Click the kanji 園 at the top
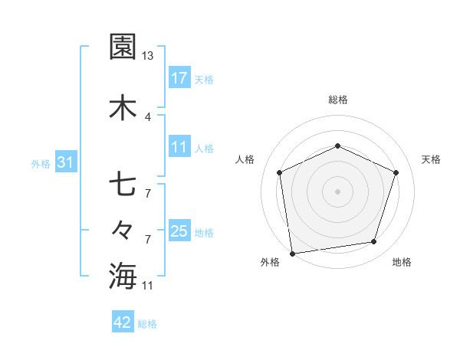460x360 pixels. (x=123, y=47)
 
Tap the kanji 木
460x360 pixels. (x=123, y=108)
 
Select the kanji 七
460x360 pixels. (x=123, y=185)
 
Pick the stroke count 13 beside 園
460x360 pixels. (x=147, y=56)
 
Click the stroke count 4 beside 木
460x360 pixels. (x=147, y=117)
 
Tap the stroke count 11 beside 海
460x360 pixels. (x=147, y=286)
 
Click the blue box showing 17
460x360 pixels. (x=179, y=78)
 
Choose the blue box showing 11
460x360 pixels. (x=179, y=148)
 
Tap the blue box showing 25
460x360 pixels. (x=179, y=232)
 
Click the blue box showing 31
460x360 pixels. (x=65, y=162)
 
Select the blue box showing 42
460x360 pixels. (x=123, y=323)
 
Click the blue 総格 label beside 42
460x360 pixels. (x=147, y=324)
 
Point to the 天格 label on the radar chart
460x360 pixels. (x=432, y=159)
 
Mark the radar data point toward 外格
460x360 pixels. (x=292, y=253)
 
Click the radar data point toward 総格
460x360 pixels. (x=337, y=146)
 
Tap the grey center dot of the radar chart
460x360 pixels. (x=337, y=191)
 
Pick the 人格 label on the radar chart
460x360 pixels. (x=245, y=159)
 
